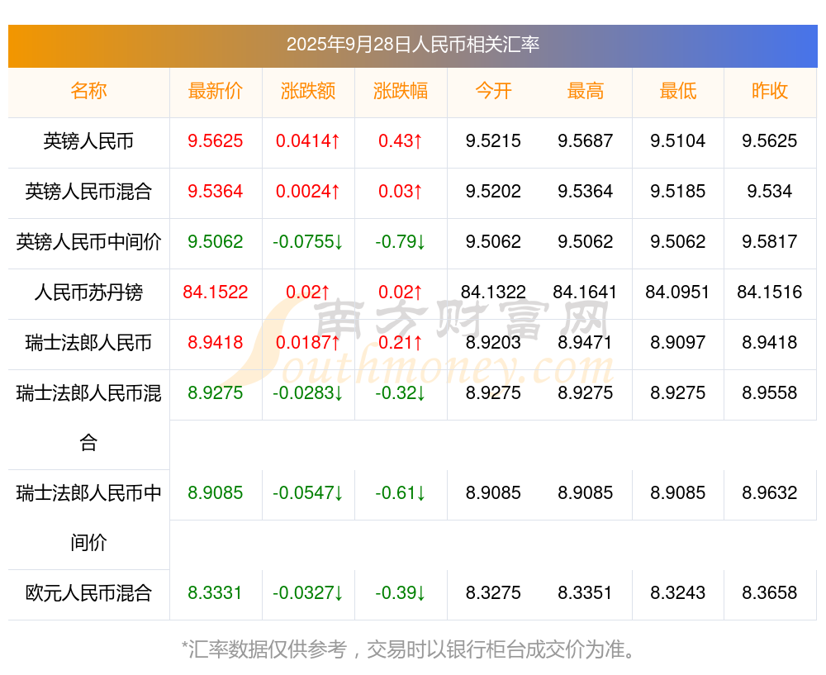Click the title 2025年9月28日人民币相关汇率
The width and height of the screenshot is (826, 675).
click(412, 44)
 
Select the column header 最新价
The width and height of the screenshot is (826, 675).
click(216, 91)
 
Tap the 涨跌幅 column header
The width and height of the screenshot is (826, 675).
click(401, 91)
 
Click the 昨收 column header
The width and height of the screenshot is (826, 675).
click(770, 91)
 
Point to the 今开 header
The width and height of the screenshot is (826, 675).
click(493, 91)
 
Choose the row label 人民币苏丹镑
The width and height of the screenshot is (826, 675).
click(88, 292)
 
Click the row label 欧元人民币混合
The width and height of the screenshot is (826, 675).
click(88, 592)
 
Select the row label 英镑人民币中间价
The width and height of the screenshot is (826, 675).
click(88, 241)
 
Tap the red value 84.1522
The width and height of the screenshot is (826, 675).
click(216, 292)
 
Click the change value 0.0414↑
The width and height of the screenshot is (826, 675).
click(308, 140)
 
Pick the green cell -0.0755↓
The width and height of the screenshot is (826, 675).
click(308, 241)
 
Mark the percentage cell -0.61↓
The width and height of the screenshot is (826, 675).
click(401, 492)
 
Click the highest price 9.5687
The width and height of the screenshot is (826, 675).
click(586, 140)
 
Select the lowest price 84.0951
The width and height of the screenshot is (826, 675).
click(677, 292)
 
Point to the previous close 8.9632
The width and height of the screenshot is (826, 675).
click(770, 492)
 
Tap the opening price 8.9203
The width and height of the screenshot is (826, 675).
click(493, 342)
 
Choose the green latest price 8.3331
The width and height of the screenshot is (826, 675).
click(216, 592)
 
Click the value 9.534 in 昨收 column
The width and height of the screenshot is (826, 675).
click(770, 191)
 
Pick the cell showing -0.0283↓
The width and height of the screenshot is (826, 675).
click(308, 392)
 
